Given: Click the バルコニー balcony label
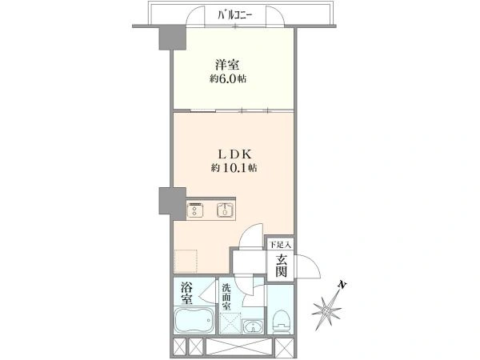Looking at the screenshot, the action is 234,15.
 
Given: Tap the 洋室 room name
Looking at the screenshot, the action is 227,66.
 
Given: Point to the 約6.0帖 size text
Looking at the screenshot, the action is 228,79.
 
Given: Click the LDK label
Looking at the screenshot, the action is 232,154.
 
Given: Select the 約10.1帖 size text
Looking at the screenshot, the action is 234,168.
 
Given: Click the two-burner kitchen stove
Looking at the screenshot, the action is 194,210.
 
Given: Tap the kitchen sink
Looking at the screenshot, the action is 226,210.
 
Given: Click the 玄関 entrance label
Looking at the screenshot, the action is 281,266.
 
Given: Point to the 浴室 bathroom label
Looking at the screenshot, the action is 186,293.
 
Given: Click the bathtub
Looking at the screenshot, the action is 194,320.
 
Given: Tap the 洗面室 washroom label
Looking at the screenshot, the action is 226,297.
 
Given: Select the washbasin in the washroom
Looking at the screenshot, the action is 253,326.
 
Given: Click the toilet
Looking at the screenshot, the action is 281,321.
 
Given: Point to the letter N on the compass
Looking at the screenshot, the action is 342,286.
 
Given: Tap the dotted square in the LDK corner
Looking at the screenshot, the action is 186,261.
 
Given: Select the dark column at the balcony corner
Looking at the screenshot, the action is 173,38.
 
